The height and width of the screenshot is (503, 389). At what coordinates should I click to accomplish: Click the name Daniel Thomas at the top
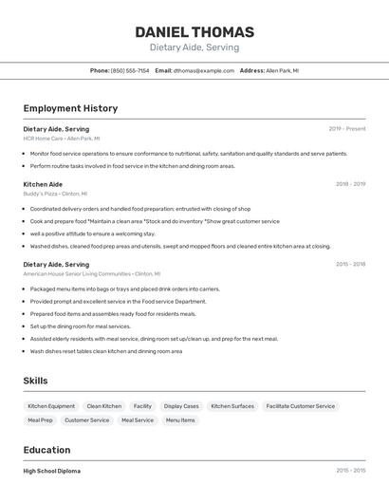tap(194, 31)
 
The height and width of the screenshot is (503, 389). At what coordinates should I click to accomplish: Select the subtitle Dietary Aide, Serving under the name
tap(194, 47)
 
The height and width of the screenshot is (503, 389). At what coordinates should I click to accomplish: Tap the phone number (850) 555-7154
tap(130, 70)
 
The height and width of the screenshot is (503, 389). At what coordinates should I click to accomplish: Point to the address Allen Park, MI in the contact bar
tap(282, 70)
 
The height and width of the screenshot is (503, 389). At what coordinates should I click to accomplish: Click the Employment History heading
tap(70, 108)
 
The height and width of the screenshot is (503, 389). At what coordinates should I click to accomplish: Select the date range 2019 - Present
tap(347, 128)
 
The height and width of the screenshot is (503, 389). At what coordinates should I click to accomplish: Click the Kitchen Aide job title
tap(43, 184)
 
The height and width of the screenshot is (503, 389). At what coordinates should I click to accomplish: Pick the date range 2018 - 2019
tap(350, 184)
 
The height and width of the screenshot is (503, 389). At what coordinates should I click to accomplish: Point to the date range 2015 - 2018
tap(350, 264)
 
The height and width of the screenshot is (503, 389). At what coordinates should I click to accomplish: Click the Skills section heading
tap(36, 381)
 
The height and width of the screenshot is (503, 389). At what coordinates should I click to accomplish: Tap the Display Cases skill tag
tap(181, 406)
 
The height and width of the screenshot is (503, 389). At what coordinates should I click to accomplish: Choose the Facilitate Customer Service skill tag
tap(301, 406)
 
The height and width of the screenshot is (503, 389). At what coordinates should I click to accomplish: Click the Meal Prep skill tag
tap(41, 419)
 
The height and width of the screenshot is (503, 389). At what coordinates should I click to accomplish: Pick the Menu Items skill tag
tap(180, 419)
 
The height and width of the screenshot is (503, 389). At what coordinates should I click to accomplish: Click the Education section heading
tap(46, 450)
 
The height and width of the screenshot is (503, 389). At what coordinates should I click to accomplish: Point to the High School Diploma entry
tap(52, 471)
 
